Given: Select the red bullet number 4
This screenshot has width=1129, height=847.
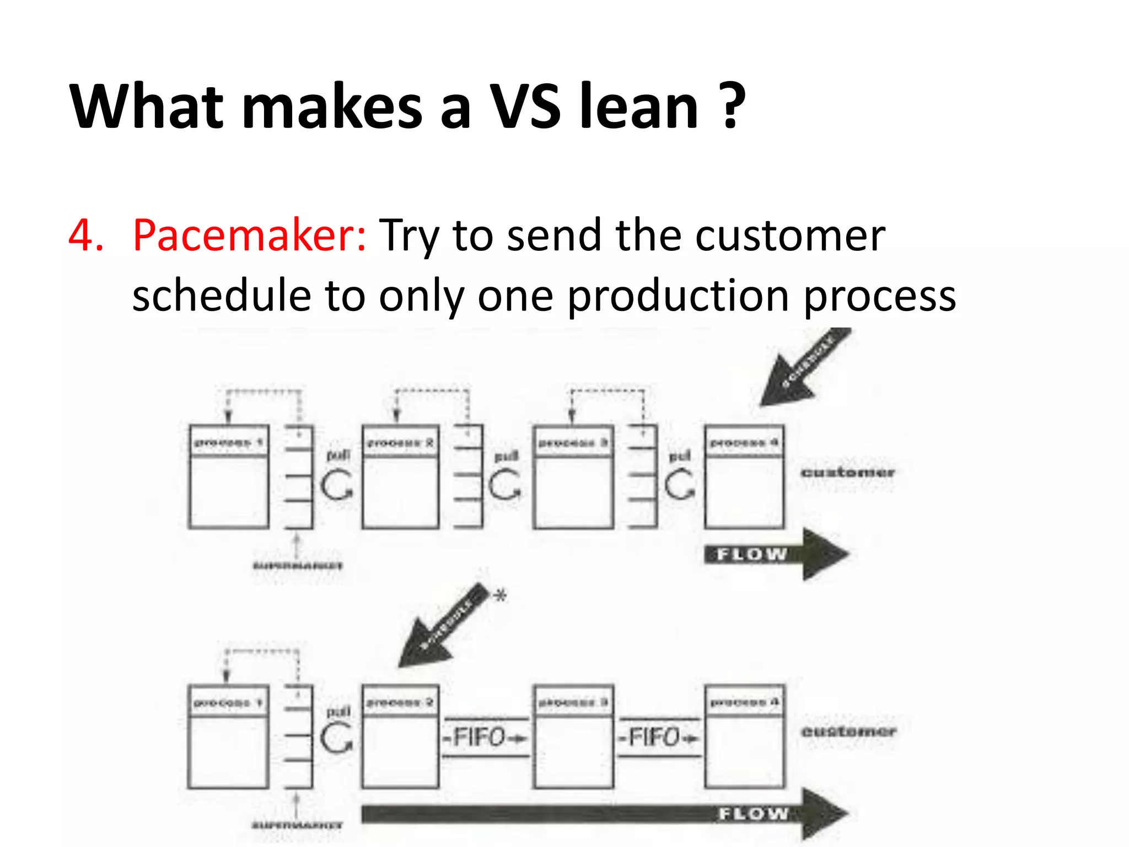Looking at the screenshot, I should click(85, 236).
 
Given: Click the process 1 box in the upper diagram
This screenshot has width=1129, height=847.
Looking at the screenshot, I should click(229, 476).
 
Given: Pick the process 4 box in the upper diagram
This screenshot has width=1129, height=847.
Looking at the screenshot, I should click(744, 476).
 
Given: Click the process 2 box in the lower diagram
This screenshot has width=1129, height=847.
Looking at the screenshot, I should click(401, 736).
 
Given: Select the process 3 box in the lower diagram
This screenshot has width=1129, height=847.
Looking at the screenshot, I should click(573, 736).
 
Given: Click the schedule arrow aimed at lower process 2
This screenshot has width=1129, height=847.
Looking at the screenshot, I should click(441, 626).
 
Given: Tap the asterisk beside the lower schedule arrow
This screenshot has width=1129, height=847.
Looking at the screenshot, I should click(499, 596).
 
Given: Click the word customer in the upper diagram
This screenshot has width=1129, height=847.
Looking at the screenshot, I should click(847, 473).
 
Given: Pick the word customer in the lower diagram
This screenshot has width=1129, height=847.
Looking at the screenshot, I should click(848, 732).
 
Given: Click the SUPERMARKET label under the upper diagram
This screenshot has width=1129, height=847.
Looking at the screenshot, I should click(298, 566).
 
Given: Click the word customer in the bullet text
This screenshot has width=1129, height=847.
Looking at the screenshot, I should click(789, 236).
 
